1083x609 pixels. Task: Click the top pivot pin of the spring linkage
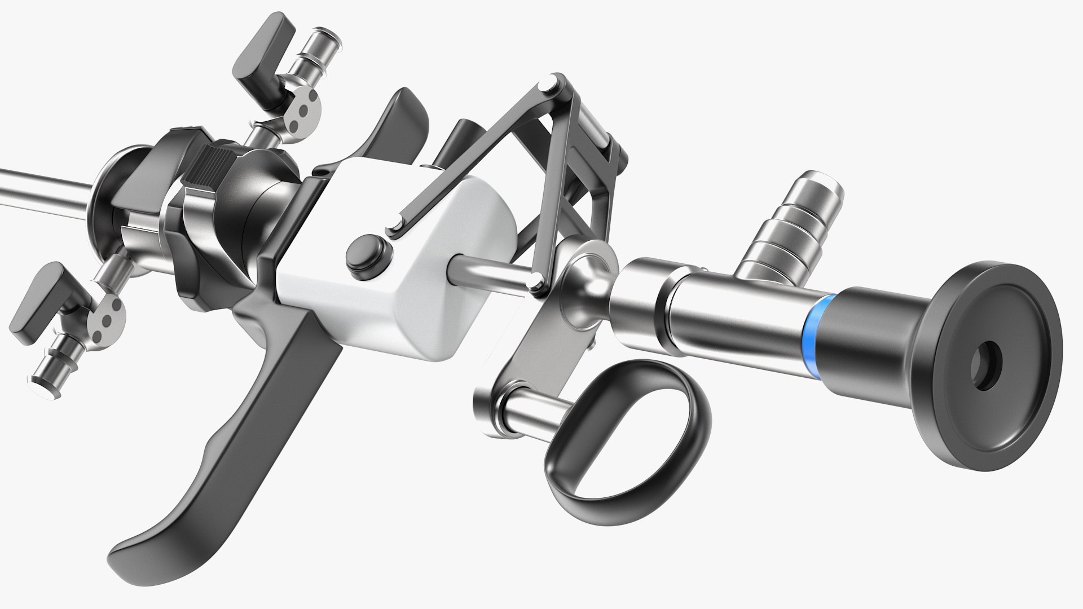[546, 84]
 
